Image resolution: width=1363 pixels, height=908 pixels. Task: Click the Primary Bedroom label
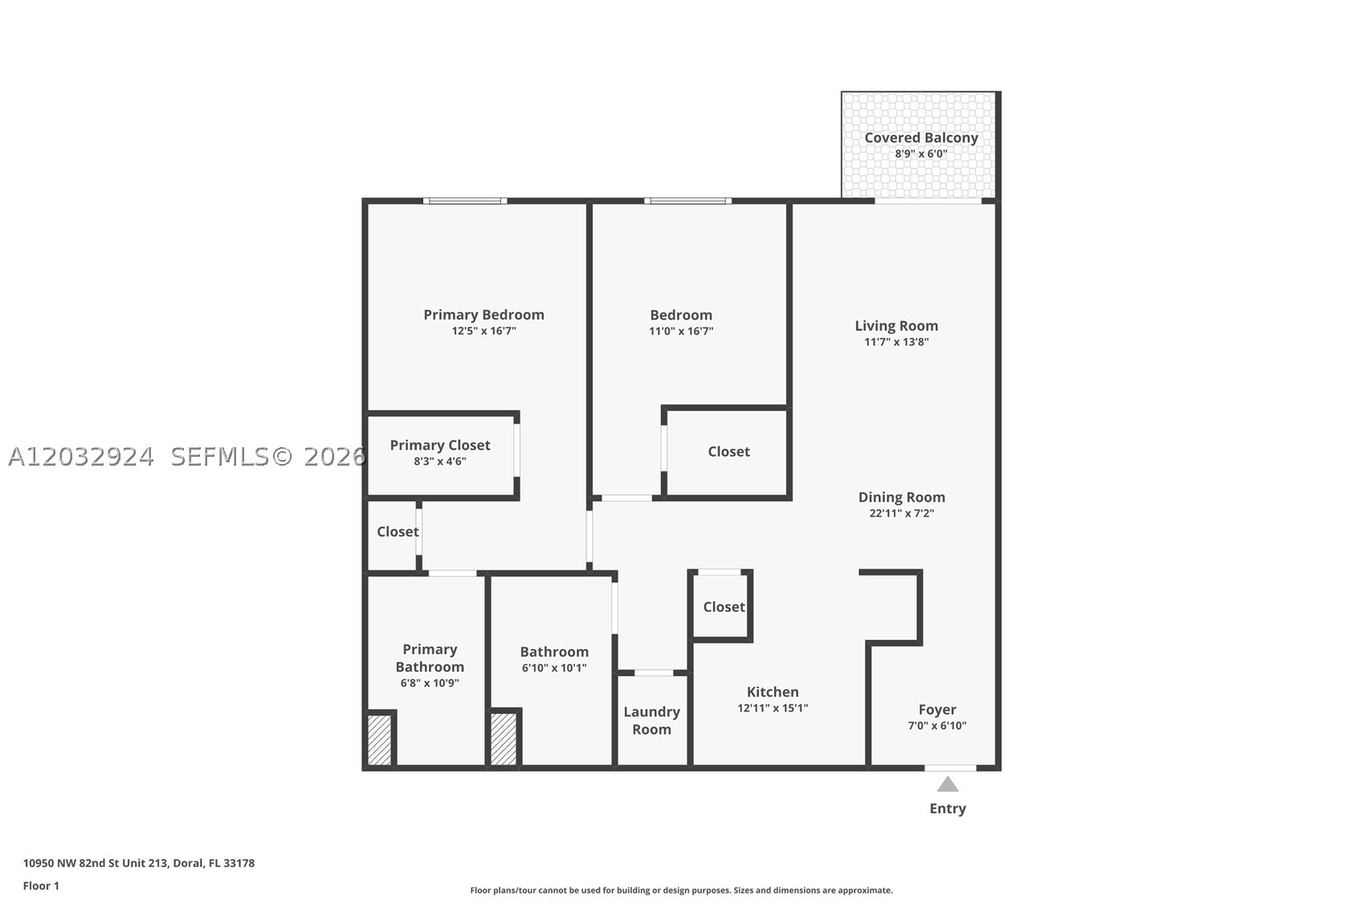[484, 315]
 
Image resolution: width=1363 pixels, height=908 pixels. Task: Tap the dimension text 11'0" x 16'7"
[681, 331]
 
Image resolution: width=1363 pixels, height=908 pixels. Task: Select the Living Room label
[896, 326]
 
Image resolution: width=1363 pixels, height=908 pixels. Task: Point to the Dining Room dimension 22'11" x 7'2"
[901, 513]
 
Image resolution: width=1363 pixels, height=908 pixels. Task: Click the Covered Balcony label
[921, 138]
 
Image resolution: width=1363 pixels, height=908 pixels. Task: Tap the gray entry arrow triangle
[948, 784]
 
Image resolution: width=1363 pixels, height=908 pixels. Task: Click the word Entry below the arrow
[948, 808]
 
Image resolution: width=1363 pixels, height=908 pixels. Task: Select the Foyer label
[937, 709]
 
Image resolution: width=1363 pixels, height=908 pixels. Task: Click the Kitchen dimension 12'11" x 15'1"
[773, 707]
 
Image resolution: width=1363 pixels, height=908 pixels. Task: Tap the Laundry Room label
[651, 720]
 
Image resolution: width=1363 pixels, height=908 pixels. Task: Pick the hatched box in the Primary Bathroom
[379, 740]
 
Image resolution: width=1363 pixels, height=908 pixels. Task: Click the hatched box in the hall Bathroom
[504, 739]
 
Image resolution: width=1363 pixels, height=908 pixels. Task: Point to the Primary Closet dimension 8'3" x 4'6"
[440, 461]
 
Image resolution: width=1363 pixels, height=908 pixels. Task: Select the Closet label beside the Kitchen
[724, 606]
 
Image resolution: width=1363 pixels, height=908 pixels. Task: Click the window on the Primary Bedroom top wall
[466, 201]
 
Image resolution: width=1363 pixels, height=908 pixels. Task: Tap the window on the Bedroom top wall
[688, 201]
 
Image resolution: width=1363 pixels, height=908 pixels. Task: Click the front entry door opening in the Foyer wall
[950, 768]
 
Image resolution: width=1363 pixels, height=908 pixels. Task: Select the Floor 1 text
[42, 886]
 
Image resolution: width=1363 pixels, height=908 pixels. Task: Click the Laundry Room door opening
[654, 673]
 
